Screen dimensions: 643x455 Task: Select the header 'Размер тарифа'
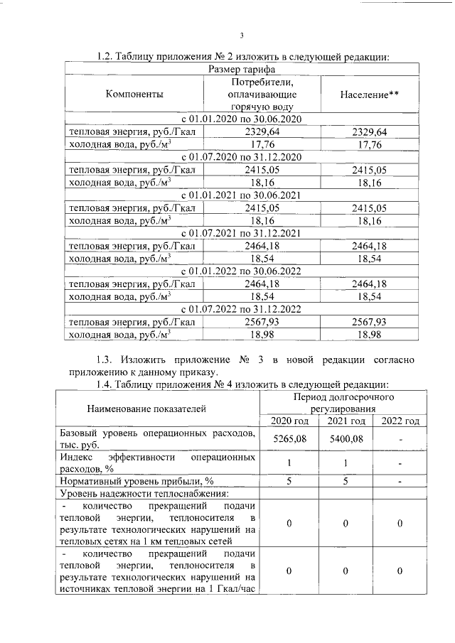pyautogui.click(x=241, y=69)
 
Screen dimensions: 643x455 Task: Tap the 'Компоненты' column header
pyautogui.click(x=134, y=94)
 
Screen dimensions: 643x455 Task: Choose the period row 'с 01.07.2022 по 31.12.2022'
pyautogui.click(x=241, y=308)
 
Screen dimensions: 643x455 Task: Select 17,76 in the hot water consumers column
pyautogui.click(x=259, y=144)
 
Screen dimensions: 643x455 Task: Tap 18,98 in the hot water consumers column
pyautogui.click(x=259, y=334)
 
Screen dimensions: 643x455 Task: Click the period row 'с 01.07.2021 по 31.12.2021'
pyautogui.click(x=241, y=232)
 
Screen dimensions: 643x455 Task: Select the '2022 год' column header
pyautogui.click(x=400, y=422)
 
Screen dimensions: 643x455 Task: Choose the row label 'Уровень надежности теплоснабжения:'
pyautogui.click(x=144, y=493)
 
